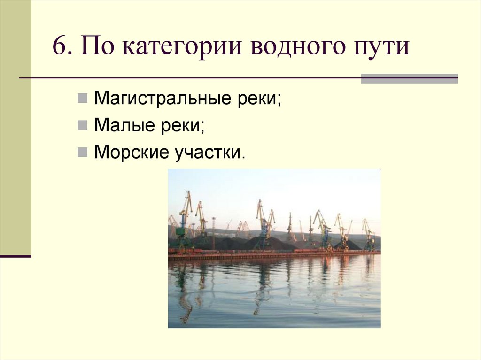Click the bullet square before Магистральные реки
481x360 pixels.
click(x=82, y=100)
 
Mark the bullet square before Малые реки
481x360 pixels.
click(x=82, y=125)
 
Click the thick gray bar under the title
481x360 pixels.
click(x=409, y=79)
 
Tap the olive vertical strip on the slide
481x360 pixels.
click(x=16, y=127)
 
